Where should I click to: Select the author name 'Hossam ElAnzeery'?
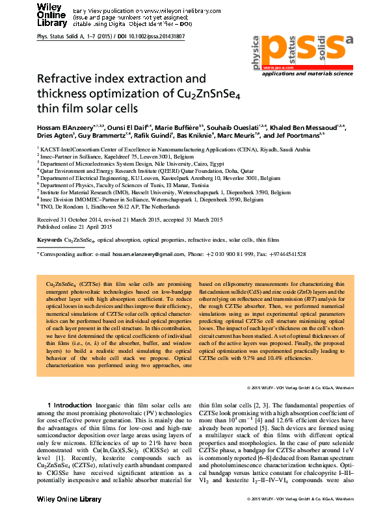point(62,125)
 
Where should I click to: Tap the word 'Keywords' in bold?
point(49,240)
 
